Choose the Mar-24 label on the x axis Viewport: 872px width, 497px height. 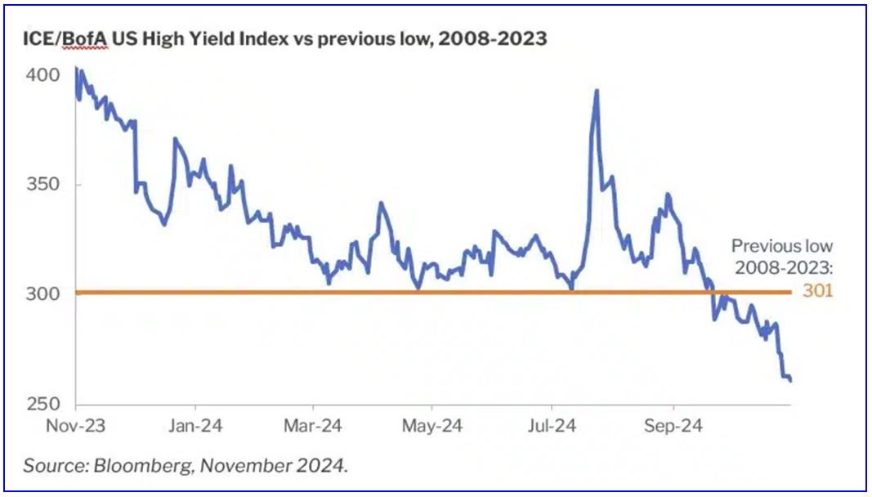pyautogui.click(x=315, y=426)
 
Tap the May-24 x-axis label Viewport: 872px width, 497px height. pyautogui.click(x=434, y=426)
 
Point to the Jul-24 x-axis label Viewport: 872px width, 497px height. pyautogui.click(x=552, y=426)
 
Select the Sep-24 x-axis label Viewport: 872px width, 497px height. pyautogui.click(x=673, y=426)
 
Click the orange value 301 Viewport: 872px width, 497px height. pyautogui.click(x=818, y=290)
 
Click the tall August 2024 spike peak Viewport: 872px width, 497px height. pyautogui.click(x=597, y=91)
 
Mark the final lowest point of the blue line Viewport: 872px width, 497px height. pyautogui.click(x=790, y=380)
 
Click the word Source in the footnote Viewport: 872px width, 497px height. pyautogui.click(x=49, y=466)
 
